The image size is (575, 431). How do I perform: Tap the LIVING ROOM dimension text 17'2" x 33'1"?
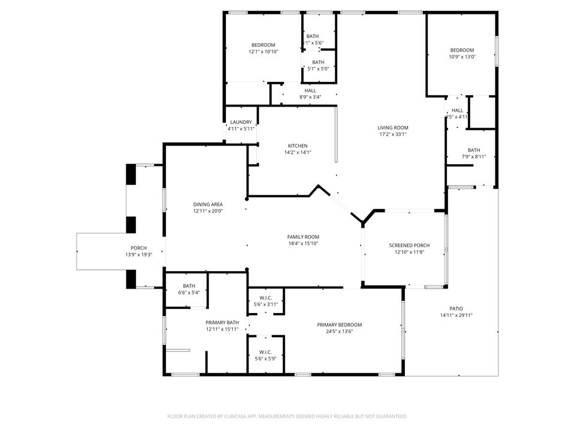coord(393,135)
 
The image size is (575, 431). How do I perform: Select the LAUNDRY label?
coord(241,122)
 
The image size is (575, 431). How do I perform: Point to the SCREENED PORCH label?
coord(409,245)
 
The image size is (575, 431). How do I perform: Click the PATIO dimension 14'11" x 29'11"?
coord(456,315)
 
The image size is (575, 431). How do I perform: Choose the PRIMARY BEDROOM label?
coord(340,324)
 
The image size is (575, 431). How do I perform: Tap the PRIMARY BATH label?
coord(222,323)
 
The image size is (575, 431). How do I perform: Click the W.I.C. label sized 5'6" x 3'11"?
coord(266,298)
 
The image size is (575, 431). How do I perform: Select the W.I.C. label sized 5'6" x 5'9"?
coord(266,352)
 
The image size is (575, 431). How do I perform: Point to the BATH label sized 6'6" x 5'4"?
coord(189,286)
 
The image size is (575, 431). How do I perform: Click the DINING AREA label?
coord(208,204)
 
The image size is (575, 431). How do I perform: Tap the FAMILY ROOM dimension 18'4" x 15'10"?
coord(303,244)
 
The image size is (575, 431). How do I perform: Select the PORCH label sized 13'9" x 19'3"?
coord(139,248)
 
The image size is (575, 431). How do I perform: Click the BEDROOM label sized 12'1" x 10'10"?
coord(263,45)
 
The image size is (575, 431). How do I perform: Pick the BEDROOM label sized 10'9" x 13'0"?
coord(462,50)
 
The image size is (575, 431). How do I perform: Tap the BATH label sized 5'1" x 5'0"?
coord(318,62)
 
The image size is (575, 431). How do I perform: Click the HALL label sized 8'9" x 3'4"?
coord(310,90)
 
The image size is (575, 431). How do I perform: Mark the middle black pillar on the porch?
coord(131,224)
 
